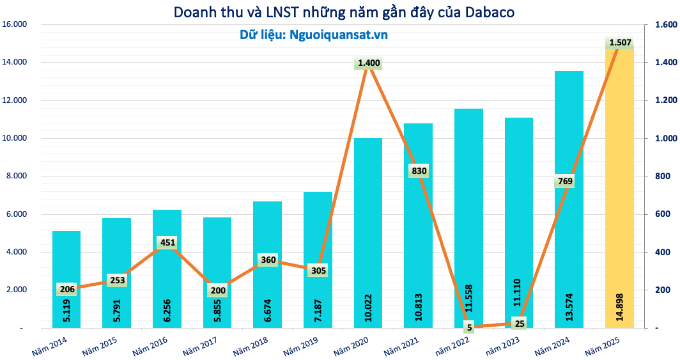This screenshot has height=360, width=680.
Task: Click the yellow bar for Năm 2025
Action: coord(619,192)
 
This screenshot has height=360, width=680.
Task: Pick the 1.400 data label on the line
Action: coord(369,63)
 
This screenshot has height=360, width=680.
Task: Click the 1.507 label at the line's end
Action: coord(620,43)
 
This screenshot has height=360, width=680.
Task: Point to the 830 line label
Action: coord(419,171)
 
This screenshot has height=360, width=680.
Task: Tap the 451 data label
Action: coord(167,242)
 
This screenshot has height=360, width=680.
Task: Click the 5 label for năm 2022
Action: coord(469,327)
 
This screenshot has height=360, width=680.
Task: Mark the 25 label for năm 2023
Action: coord(520,323)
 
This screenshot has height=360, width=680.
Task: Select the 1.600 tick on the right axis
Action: coord(665,24)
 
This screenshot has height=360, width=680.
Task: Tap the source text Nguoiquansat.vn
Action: coord(338,35)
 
